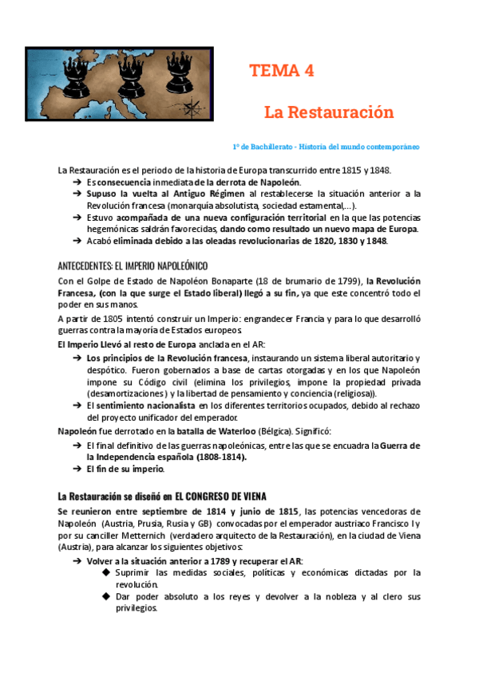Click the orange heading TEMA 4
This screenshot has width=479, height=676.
click(281, 70)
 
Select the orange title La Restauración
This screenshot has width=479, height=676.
click(329, 112)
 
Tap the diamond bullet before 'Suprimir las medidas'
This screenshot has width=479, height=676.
click(106, 572)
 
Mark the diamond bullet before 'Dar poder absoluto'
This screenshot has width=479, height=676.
click(106, 596)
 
